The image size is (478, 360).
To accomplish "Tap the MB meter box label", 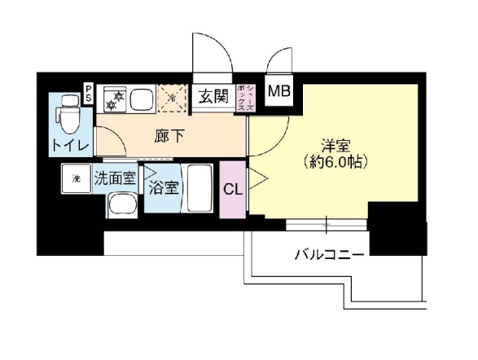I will coord(278,90).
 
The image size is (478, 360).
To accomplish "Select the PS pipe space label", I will coord(88,94).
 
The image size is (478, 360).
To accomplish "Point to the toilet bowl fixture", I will coord(66,117).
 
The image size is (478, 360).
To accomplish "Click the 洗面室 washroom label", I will coord(114,177).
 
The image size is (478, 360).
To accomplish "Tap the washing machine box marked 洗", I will coord(76,179).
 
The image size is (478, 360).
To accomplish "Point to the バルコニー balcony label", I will coord(329,255).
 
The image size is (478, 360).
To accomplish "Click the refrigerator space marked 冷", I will coord(172,99).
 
